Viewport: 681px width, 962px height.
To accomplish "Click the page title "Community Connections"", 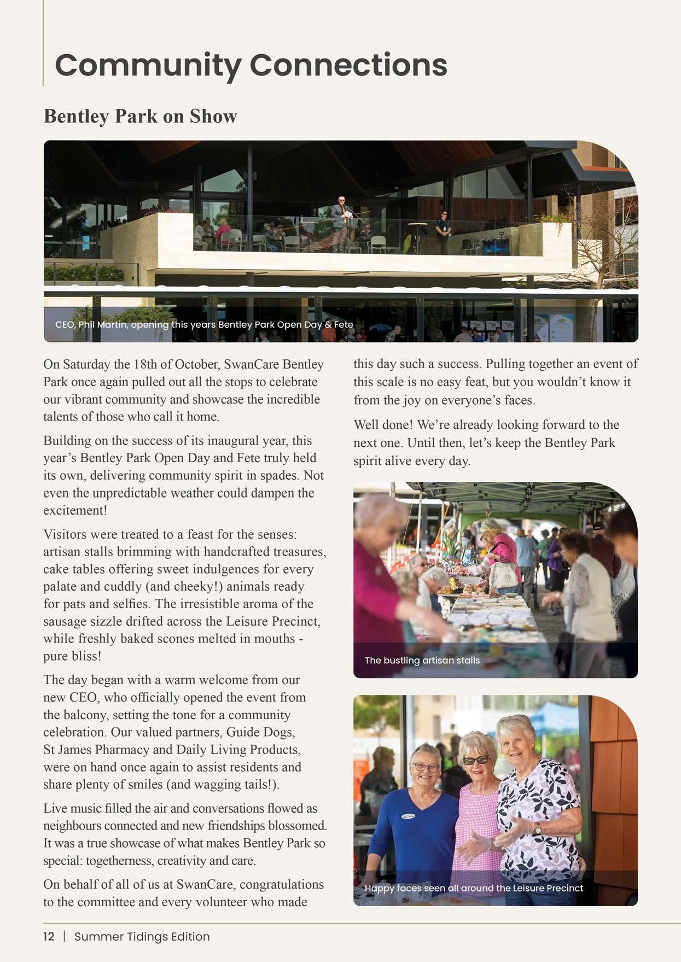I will pyautogui.click(x=251, y=65).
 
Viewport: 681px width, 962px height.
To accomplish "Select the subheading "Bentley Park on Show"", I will pyautogui.click(x=140, y=116).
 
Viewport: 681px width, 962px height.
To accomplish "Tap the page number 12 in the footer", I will pyautogui.click(x=49, y=936).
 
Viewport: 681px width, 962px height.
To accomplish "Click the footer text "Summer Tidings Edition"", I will pyautogui.click(x=142, y=936).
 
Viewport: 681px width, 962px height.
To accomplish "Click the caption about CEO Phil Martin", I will pyautogui.click(x=204, y=324).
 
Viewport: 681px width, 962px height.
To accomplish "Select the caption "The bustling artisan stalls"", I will pyautogui.click(x=422, y=660).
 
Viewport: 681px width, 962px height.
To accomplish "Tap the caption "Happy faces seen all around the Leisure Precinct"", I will pyautogui.click(x=474, y=888).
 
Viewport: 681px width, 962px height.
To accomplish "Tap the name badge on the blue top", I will pyautogui.click(x=410, y=817).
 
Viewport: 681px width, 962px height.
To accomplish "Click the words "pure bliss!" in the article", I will pyautogui.click(x=72, y=656).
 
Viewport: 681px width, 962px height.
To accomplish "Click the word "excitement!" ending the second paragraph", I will pyautogui.click(x=75, y=510).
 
